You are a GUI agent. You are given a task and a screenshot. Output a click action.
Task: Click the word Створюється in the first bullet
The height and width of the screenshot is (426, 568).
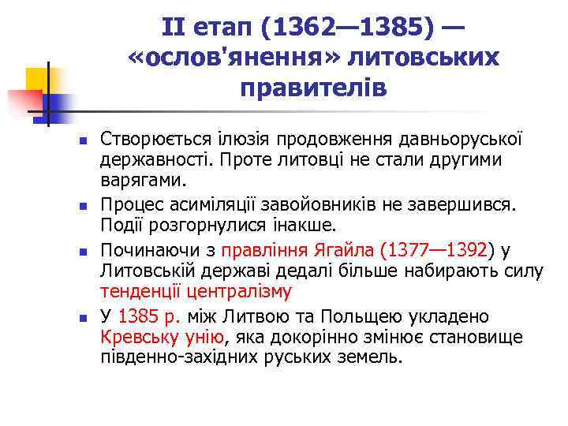[x=148, y=140]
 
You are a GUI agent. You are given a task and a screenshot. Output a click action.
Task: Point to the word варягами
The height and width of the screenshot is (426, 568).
[x=143, y=181]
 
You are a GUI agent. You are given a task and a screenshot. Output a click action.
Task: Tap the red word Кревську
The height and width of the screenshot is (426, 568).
[x=135, y=338]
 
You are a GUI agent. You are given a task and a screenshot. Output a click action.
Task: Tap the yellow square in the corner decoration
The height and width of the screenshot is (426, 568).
[x=37, y=78]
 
